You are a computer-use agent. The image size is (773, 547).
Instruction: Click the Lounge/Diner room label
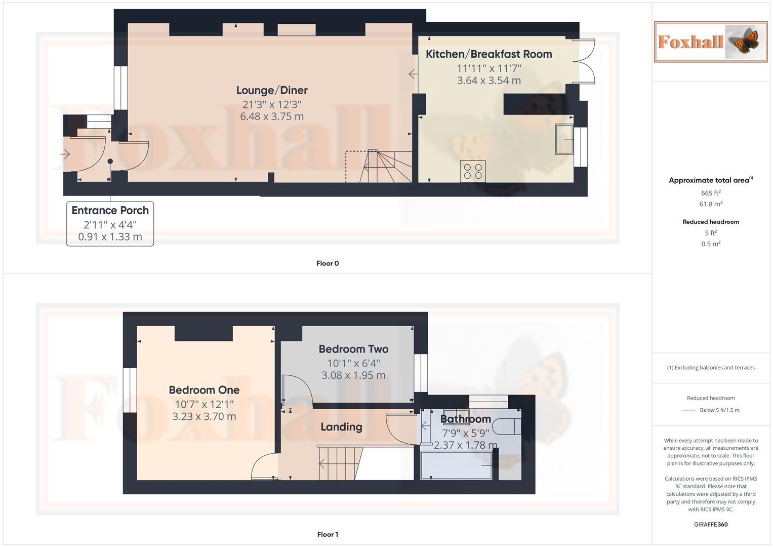click(272, 90)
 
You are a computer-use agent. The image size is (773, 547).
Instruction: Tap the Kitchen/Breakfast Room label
click(489, 54)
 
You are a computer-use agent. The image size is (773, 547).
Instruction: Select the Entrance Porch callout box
click(110, 223)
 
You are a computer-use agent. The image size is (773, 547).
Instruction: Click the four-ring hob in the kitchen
click(473, 171)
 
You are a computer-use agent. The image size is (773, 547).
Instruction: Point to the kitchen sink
click(564, 139)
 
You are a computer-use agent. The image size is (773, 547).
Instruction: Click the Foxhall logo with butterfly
click(710, 42)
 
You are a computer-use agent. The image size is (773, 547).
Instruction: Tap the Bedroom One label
click(204, 390)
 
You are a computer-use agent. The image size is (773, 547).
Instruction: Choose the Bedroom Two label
click(353, 349)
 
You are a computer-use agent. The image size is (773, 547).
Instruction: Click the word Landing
click(341, 427)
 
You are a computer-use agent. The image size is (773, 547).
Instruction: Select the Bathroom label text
click(465, 419)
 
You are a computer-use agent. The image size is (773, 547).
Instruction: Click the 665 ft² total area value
click(711, 193)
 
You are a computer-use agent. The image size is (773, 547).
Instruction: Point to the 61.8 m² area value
click(711, 204)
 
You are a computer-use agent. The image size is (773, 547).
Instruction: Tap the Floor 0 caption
click(328, 263)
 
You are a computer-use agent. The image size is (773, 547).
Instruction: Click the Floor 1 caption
click(328, 534)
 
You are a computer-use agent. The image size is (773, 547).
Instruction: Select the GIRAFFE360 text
click(711, 525)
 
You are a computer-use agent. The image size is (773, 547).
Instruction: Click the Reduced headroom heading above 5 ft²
click(711, 222)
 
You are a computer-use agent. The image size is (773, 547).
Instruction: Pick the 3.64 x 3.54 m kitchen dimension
click(489, 81)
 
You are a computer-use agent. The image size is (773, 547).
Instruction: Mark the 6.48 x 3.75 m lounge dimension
click(272, 116)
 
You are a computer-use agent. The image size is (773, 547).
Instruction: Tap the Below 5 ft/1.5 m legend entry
click(719, 410)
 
